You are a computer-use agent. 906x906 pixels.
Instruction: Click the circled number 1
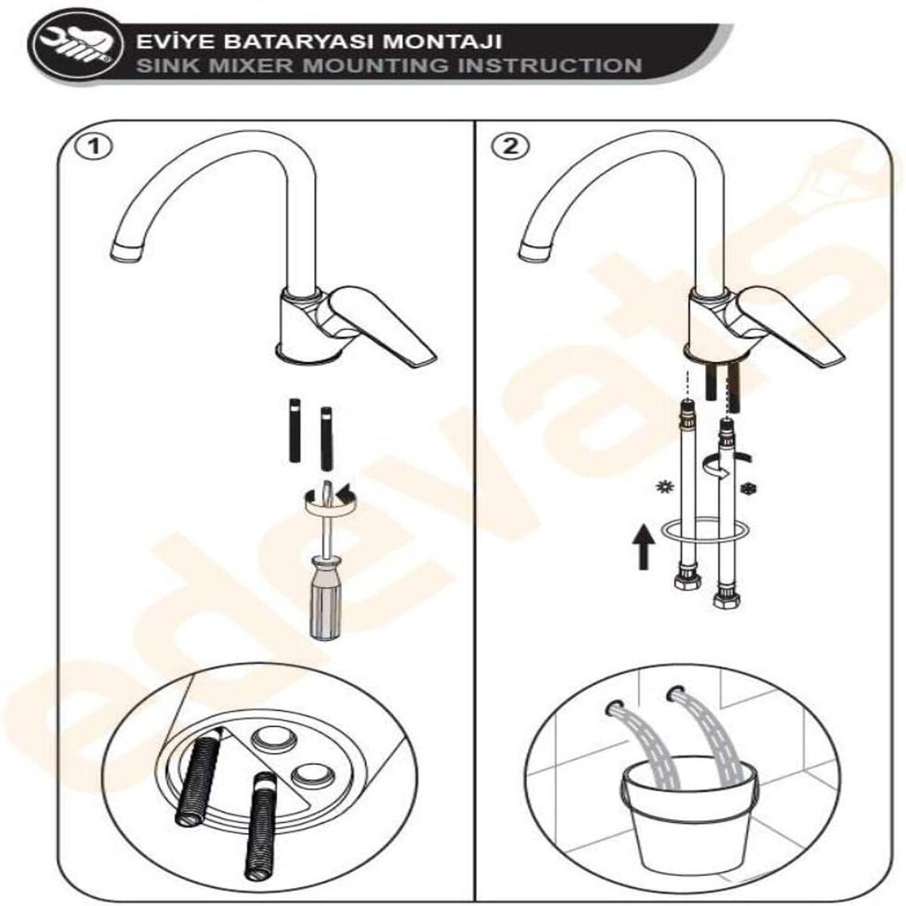(94, 147)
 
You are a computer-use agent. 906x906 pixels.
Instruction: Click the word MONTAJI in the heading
(444, 42)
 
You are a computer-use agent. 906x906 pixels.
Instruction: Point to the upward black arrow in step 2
(643, 546)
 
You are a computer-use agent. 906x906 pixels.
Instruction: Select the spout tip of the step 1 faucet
(129, 253)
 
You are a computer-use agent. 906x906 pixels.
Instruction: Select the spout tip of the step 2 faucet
(533, 253)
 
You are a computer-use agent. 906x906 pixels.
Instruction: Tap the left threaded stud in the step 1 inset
(198, 776)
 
